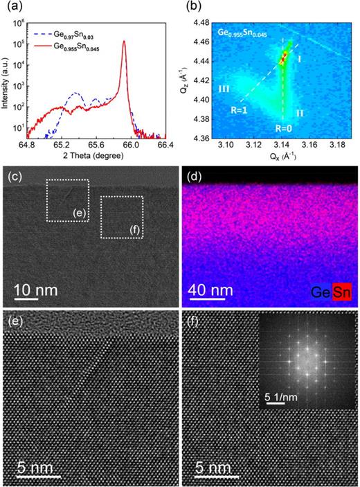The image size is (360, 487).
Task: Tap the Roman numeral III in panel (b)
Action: coord(224,89)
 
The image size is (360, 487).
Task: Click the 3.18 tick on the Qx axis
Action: coord(336,145)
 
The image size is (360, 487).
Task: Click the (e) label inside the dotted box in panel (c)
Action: coord(80,212)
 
